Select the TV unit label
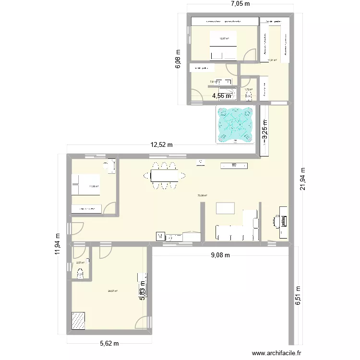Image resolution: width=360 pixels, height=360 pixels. click(234, 166)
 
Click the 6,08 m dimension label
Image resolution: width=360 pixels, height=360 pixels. click(178, 60)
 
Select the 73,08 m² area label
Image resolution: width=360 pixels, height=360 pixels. click(202, 195)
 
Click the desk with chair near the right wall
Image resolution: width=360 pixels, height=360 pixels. click(281, 221)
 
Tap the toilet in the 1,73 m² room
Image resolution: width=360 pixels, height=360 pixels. click(248, 96)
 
